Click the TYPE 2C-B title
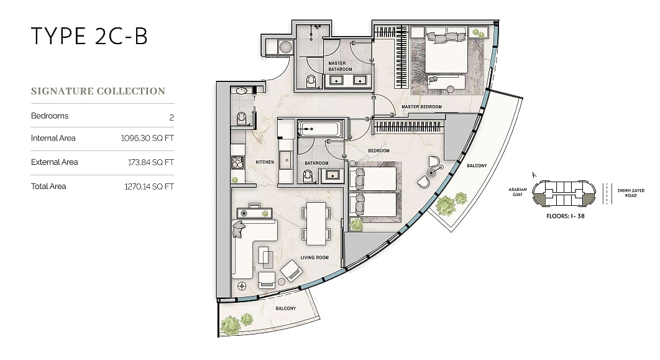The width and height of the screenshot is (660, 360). coord(89,36)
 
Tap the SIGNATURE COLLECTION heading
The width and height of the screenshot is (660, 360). coord(98,91)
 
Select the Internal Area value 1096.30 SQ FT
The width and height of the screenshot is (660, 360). coord(147,138)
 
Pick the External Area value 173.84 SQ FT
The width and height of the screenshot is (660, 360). coord(150,162)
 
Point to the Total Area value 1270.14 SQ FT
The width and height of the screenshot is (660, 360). coord(149,187)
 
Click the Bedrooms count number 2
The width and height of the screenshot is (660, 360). coord(172,118)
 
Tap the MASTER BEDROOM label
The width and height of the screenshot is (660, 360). coord(421,106)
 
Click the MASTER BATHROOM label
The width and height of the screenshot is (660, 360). coord(340,66)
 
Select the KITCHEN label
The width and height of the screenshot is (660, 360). coord(265,162)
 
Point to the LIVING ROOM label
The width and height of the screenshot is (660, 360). coord(314,257)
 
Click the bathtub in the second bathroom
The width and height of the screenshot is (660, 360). coord(318,129)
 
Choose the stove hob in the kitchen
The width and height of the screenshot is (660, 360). coord(237,162)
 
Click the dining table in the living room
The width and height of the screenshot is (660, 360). coord(316,224)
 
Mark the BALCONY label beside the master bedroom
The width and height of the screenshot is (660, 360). coord(477,165)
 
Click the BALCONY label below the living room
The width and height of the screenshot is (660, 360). coord(285,308)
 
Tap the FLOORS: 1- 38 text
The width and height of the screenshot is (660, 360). coord(565,216)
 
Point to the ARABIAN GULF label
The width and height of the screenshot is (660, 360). coord(517,192)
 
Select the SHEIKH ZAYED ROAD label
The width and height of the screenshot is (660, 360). coord(631,193)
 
